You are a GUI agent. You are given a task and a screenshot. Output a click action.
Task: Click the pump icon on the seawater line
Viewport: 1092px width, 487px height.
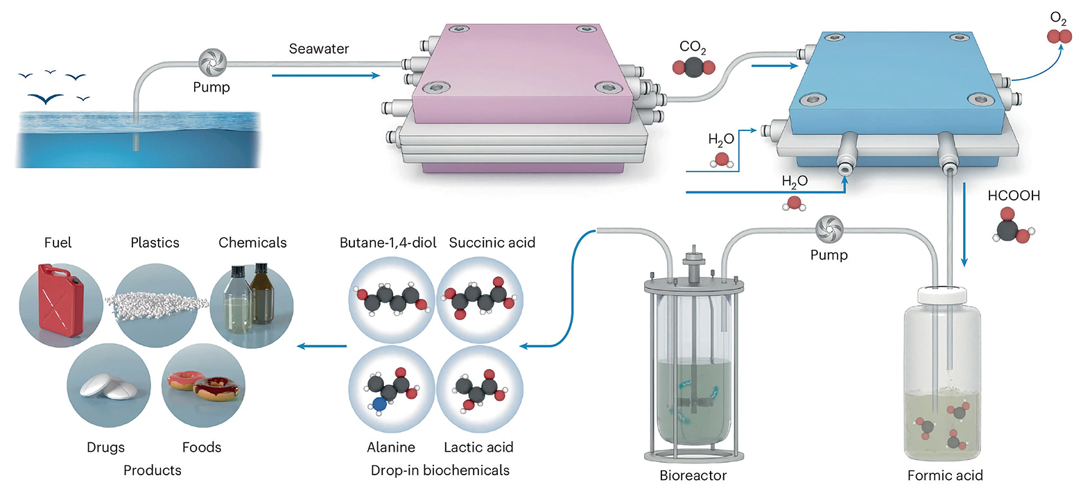point(212,63)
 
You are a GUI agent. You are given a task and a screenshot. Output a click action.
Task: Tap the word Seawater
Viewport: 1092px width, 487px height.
point(319,49)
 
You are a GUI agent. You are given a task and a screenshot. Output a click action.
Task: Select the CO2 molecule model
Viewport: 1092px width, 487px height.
point(693,67)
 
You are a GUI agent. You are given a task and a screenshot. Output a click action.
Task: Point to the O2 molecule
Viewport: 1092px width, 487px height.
point(1059,36)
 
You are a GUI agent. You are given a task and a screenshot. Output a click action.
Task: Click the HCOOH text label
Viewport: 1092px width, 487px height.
point(1014,196)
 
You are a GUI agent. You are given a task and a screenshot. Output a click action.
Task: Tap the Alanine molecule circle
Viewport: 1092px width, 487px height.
point(391,389)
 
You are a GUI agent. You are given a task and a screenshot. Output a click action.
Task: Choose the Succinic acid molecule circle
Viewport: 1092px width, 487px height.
point(480,300)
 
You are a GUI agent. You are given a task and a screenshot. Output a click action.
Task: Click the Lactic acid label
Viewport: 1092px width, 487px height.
point(478,447)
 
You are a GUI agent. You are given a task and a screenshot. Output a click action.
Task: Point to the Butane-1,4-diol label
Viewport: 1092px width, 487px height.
point(388,243)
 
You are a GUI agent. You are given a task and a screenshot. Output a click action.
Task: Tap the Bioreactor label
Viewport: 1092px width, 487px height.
point(693,475)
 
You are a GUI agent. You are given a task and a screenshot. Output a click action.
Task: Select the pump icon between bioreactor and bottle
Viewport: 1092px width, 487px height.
point(829,230)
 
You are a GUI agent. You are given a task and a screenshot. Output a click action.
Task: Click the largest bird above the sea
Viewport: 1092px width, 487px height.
point(46,99)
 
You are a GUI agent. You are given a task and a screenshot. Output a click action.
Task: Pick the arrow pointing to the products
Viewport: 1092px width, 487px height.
point(322,345)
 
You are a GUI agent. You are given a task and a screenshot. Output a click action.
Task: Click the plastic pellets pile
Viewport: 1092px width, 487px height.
point(157,303)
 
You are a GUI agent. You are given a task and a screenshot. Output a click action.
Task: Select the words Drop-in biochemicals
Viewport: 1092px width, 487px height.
point(440,470)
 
